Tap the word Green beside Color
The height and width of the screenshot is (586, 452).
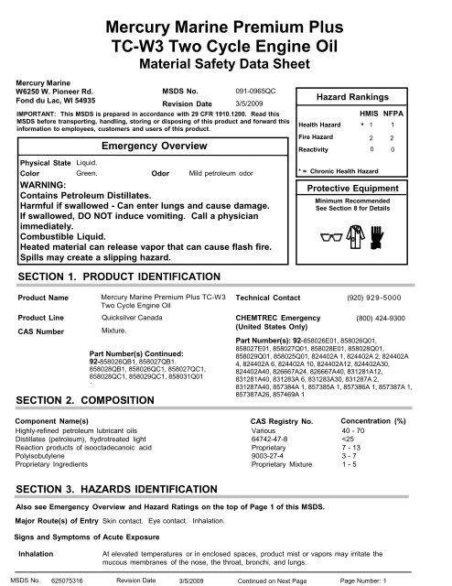tap(87, 172)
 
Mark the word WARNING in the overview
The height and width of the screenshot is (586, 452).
tap(44, 184)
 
